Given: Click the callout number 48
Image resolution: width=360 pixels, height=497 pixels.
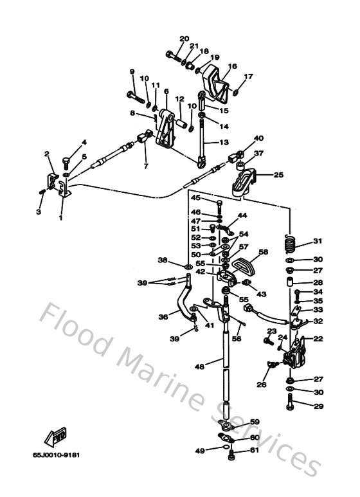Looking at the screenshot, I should [199, 366].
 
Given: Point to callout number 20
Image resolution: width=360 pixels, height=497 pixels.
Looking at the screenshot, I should [184, 39].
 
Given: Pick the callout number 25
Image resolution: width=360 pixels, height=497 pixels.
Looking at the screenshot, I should [278, 174].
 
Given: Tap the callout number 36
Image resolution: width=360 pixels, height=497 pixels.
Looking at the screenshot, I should [164, 316].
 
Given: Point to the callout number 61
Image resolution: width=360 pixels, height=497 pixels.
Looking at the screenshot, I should [255, 450].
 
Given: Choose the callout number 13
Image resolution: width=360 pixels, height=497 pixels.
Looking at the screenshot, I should [224, 142].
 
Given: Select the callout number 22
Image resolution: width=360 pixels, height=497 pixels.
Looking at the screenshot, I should [318, 339].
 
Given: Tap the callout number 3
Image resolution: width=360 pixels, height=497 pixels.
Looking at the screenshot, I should [38, 212].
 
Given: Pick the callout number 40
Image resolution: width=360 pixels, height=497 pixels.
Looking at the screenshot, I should [258, 138].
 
